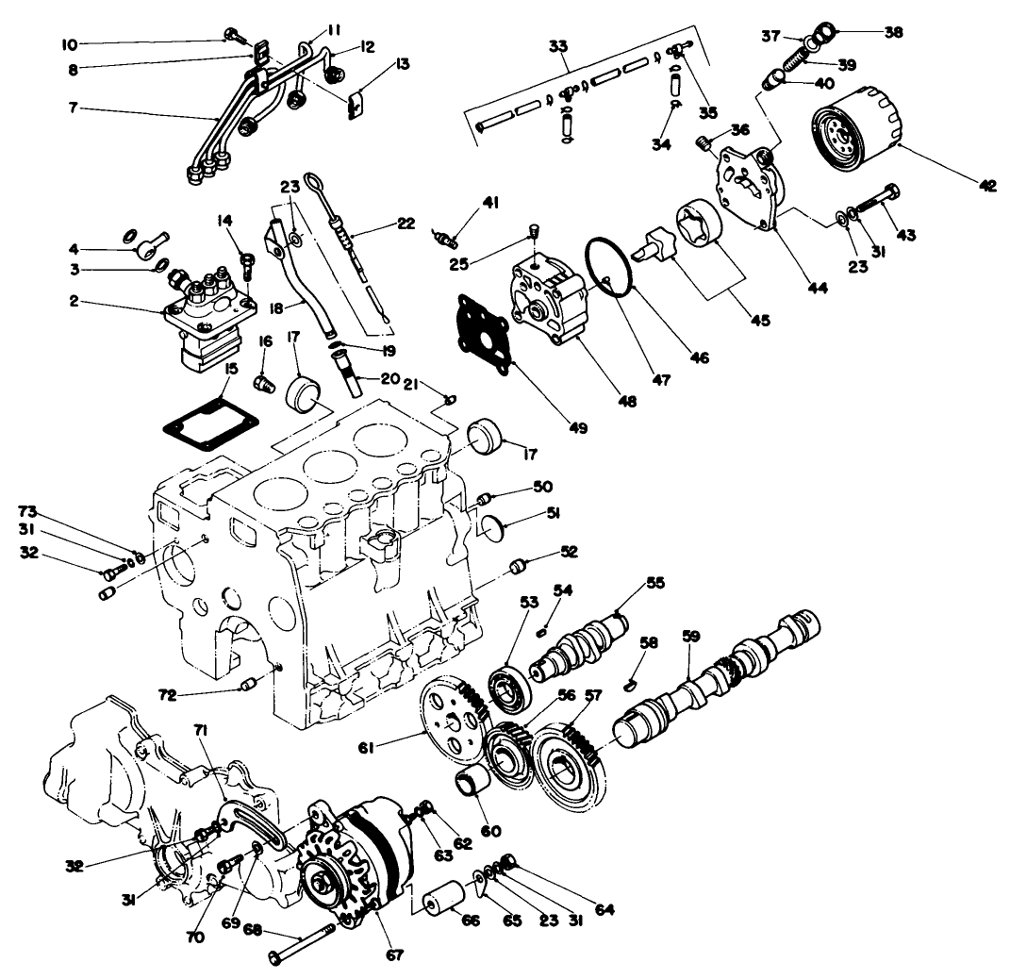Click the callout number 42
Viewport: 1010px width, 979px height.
(x=987, y=186)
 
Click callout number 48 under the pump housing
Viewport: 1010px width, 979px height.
(x=626, y=400)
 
